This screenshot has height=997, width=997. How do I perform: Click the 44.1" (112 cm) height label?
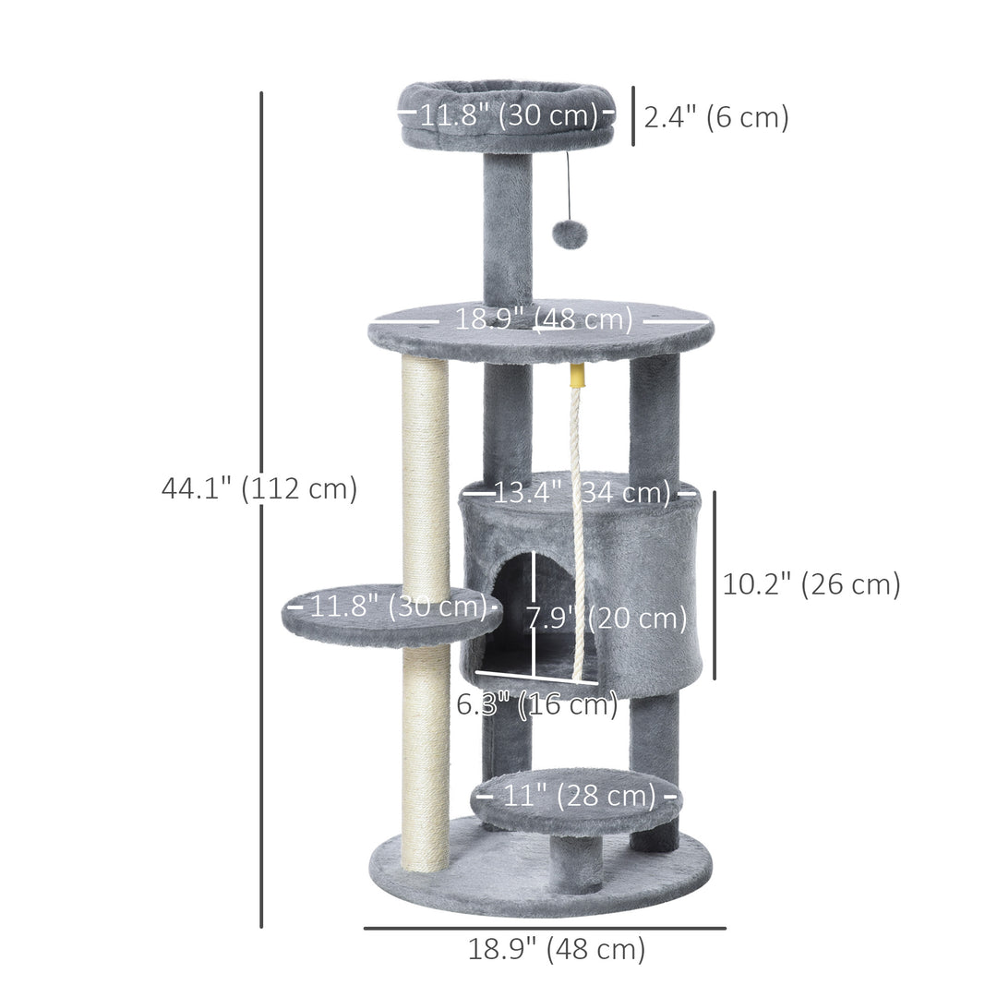coord(259,488)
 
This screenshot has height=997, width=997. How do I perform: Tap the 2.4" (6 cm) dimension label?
coord(716,117)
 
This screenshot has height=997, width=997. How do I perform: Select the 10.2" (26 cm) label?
coord(811,584)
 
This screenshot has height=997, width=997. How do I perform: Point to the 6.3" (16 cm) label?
coord(537,705)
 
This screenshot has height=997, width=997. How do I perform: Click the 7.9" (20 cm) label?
coord(607,618)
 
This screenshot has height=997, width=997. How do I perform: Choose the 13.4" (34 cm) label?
coord(582,493)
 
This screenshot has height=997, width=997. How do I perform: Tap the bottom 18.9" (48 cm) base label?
coord(556,949)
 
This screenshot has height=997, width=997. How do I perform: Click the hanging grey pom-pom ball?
coord(570,234)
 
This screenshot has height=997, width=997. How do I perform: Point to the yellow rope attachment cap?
coord(579,376)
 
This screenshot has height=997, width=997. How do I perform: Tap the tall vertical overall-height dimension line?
coord(261,277)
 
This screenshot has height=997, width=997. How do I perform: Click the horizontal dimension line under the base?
coord(545,928)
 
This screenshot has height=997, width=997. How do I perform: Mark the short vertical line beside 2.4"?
coord(633,116)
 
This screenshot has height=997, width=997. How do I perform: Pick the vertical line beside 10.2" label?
coord(714,584)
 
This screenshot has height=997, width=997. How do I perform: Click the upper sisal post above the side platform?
coord(425,471)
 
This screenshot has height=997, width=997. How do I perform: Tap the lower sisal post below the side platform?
coord(425,757)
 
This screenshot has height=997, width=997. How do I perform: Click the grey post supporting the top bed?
coord(508,231)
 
